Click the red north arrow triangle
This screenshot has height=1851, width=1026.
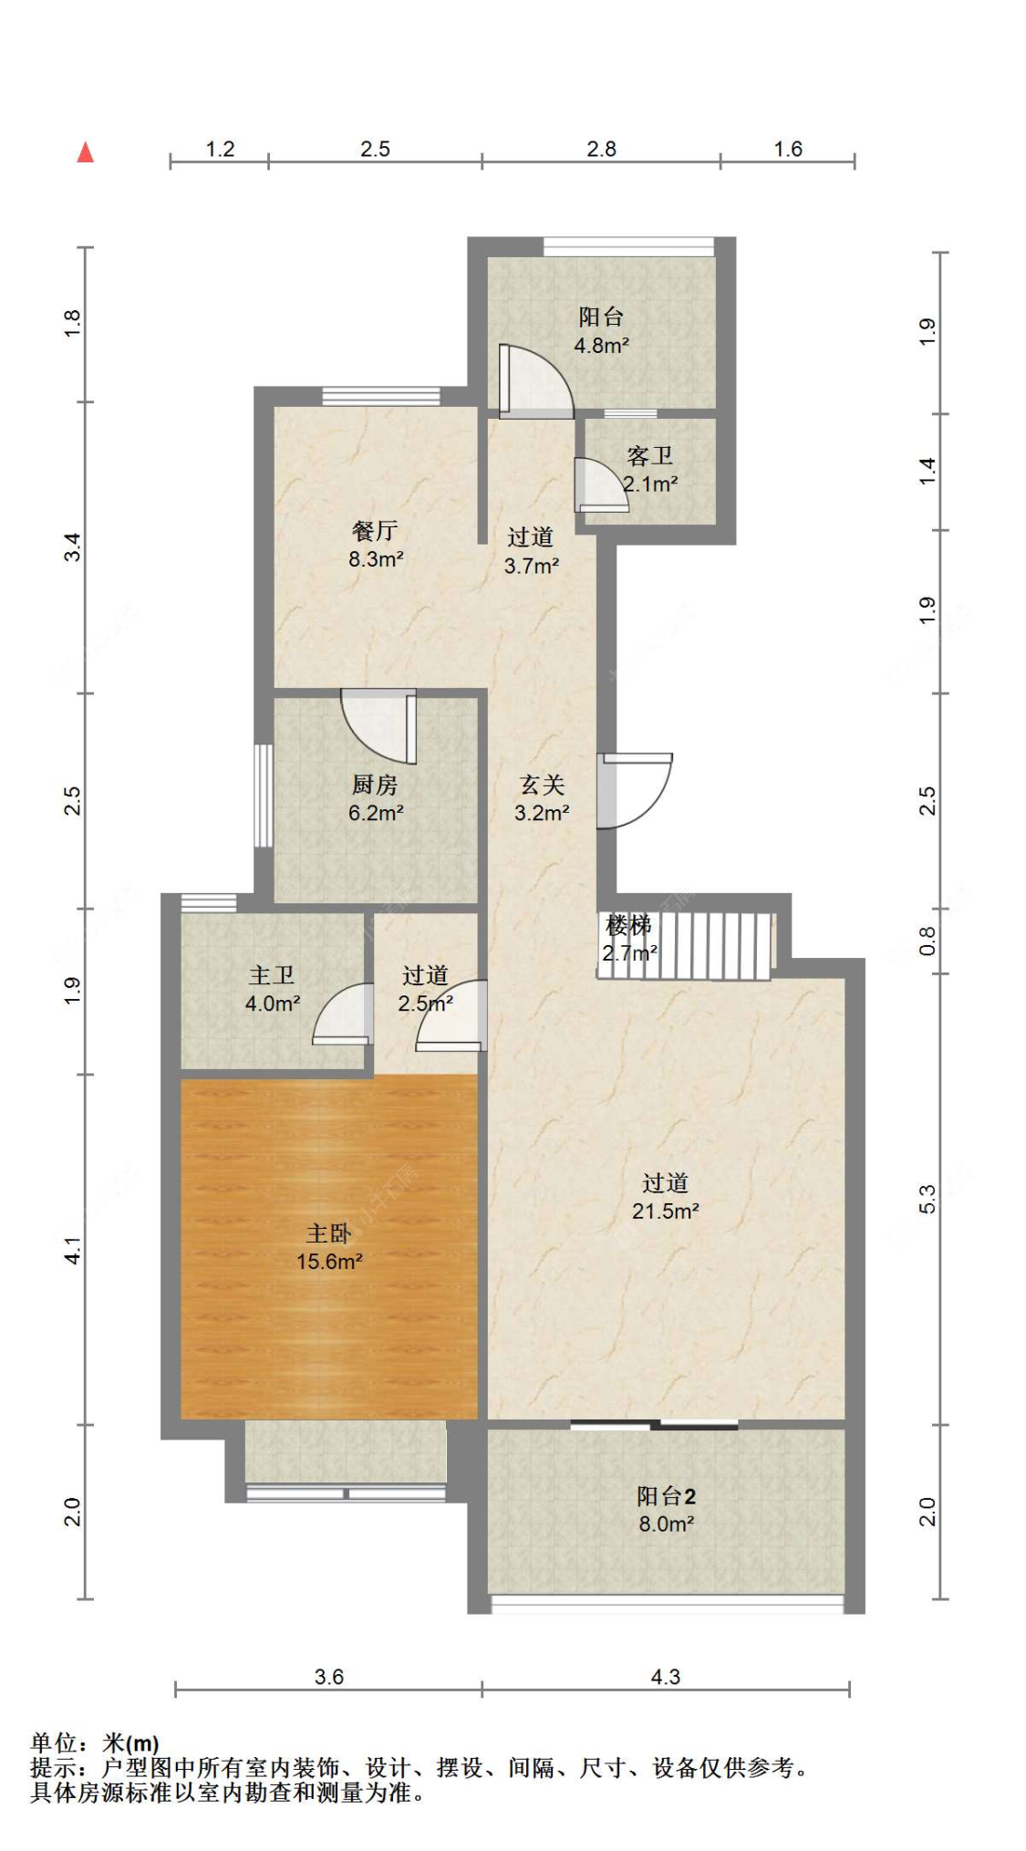tap(85, 151)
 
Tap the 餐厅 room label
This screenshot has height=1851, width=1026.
tap(374, 530)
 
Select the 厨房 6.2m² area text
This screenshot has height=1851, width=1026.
tap(375, 812)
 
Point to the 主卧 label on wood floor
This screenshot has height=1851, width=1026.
tap(328, 1233)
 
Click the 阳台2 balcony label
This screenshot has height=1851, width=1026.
tap(666, 1496)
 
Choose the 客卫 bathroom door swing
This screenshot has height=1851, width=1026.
tap(601, 484)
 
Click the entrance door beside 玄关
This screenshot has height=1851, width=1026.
tap(635, 790)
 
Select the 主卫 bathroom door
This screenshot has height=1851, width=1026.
tap(343, 1014)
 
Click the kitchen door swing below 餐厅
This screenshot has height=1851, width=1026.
tap(379, 725)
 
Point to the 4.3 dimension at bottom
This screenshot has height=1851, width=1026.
tap(665, 1677)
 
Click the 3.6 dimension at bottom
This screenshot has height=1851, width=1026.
tap(328, 1677)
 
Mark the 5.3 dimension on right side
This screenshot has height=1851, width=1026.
tap(928, 1199)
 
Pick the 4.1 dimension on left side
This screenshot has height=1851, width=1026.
tap(73, 1250)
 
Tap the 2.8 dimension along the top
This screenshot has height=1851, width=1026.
tap(601, 149)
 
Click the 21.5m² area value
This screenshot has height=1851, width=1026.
tap(666, 1211)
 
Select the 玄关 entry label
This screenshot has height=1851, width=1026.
tap(543, 785)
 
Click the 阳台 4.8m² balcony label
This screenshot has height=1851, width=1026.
tap(601, 330)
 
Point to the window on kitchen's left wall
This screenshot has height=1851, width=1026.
tap(263, 796)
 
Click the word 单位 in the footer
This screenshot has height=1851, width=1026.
tap(53, 1744)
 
